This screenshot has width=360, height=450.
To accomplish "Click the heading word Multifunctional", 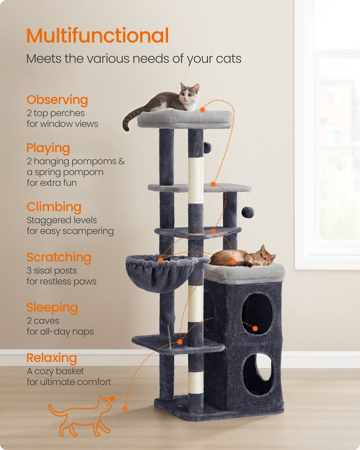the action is pyautogui.click(x=98, y=35).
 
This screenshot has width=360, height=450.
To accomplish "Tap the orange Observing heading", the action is pyautogui.click(x=57, y=100).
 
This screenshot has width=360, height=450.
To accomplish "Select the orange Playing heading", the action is pyautogui.click(x=48, y=149).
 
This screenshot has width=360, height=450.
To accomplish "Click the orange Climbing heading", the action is pyautogui.click(x=54, y=207).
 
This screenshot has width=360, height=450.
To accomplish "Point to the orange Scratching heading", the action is pyautogui.click(x=59, y=258).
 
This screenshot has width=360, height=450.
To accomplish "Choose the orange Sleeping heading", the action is pyautogui.click(x=52, y=308).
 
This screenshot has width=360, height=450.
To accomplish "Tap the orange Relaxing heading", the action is pyautogui.click(x=52, y=358).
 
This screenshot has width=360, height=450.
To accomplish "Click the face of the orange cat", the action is pyautogui.click(x=266, y=257).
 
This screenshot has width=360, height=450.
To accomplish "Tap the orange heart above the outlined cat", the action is pyautogui.click(x=112, y=399).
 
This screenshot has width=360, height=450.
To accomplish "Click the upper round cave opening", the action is pyautogui.click(x=257, y=314).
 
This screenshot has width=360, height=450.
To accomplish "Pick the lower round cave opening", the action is pyautogui.click(x=258, y=374).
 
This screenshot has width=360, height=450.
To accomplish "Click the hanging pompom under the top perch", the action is pyautogui.click(x=207, y=148).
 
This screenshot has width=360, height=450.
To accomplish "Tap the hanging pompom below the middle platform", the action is pyautogui.click(x=247, y=212).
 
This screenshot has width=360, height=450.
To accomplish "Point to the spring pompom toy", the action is pyautogui.click(x=168, y=319).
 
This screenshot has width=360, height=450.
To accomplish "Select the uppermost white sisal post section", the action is pyautogui.click(x=196, y=181).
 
